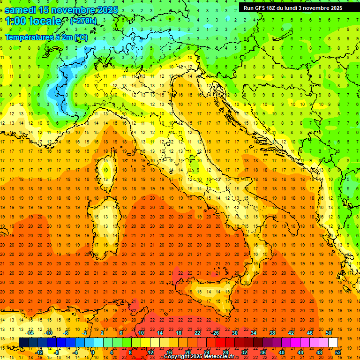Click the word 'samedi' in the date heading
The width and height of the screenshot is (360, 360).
pyautogui.click(x=21, y=10)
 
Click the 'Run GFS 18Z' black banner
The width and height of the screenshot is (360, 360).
pyautogui.click(x=293, y=8)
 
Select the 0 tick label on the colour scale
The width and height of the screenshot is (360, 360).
pyautogui.click(x=93, y=352)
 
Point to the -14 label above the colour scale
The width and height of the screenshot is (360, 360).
pyautogui.click(x=30, y=332)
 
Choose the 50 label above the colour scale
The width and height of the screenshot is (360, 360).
pyautogui.click(x=328, y=332)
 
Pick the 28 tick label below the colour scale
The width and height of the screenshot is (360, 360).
pyautogui.click(x=225, y=352)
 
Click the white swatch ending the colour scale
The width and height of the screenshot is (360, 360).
pyautogui.click(x=333, y=342)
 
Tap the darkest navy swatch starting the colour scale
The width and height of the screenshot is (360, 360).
pyautogui.click(x=23, y=342)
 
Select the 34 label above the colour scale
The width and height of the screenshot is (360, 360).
pyautogui.click(x=253, y=332)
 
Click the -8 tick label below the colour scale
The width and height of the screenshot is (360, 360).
pyautogui.click(x=57, y=352)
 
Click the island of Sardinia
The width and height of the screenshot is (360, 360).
pyautogui.click(x=106, y=220)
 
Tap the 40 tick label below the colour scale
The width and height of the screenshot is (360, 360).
pyautogui.click(x=281, y=352)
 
